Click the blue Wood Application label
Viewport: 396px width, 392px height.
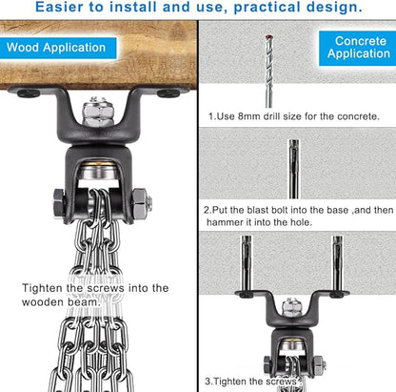58,48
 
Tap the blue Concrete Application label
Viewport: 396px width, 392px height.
358,48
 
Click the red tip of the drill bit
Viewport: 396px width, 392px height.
268,37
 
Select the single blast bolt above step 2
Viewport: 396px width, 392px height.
294,169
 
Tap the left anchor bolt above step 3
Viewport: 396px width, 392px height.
247,263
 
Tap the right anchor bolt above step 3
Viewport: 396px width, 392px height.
337,263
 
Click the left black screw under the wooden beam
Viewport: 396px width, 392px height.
29,93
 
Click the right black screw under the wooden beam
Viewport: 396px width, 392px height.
168,93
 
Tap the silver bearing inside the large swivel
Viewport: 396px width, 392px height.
98,172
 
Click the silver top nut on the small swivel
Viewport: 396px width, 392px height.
289,307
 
